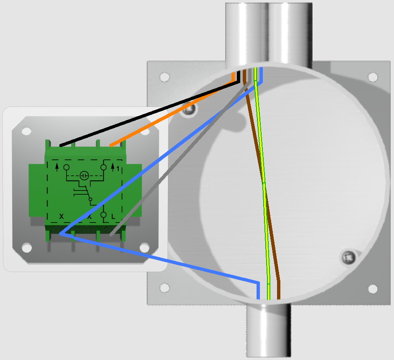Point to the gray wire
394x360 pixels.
coord(180,159)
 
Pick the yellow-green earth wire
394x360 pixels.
coord(262,183)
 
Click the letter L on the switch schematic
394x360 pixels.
coord(113,216)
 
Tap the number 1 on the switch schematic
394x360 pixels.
coord(118,169)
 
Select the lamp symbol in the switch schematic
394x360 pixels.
coord(84,175)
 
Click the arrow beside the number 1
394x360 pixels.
coord(113,167)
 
